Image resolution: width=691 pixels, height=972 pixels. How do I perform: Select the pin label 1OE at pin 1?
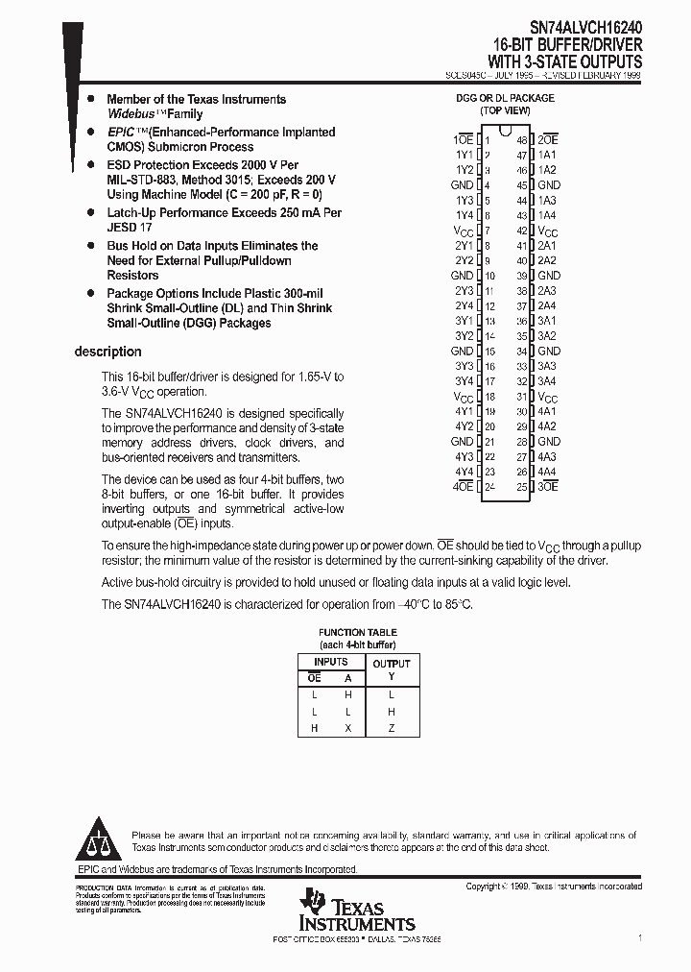click(463, 139)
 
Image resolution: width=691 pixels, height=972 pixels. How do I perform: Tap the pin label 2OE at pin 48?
click(548, 139)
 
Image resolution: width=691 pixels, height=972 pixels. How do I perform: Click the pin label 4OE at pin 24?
click(463, 487)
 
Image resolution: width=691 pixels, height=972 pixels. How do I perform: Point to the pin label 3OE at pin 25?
click(548, 487)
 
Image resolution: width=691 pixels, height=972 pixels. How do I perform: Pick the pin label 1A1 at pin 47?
click(547, 155)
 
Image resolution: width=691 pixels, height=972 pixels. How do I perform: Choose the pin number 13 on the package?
click(489, 321)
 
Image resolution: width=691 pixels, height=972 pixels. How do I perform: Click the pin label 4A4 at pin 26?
click(547, 472)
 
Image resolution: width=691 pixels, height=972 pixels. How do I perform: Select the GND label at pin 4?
click(462, 184)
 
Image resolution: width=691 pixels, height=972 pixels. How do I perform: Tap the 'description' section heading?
click(107, 352)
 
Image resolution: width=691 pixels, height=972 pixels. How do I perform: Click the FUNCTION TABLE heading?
click(356, 632)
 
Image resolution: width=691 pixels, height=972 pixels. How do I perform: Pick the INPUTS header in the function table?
click(331, 662)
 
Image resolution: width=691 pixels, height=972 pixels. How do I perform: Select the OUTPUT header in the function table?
click(391, 664)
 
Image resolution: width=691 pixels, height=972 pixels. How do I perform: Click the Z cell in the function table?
click(391, 728)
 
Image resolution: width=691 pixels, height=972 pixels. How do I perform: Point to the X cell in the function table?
click(347, 728)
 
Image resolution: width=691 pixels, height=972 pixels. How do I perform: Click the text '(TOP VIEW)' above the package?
click(505, 110)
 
